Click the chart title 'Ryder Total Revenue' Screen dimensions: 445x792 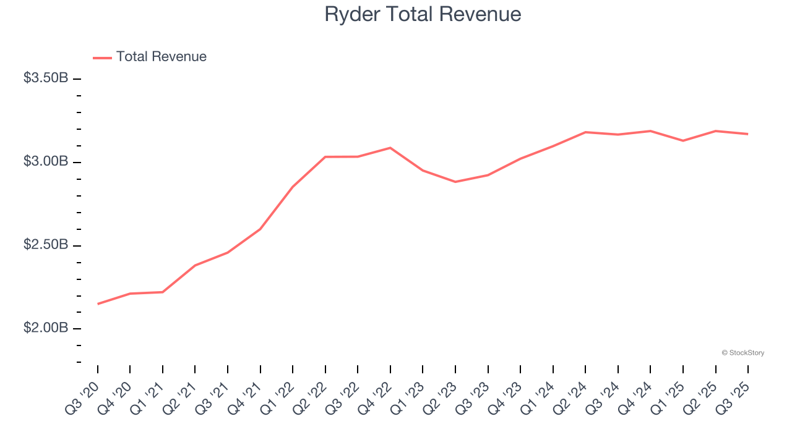pyautogui.click(x=423, y=14)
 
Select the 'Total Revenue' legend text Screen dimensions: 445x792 pyautogui.click(x=161, y=57)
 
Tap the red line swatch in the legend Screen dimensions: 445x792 pyautogui.click(x=102, y=57)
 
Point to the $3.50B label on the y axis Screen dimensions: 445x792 pyautogui.click(x=46, y=78)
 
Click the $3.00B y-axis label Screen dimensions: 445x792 pyautogui.click(x=46, y=162)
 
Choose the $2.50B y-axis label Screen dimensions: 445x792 pyautogui.click(x=46, y=245)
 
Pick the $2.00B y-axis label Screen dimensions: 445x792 pyautogui.click(x=46, y=328)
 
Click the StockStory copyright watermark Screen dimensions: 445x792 pyautogui.click(x=742, y=353)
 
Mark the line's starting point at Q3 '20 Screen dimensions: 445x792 pyautogui.click(x=98, y=303)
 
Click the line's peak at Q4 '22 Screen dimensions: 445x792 pyautogui.click(x=390, y=148)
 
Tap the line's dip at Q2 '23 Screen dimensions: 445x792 pyautogui.click(x=455, y=182)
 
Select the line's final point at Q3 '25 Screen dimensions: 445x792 pyautogui.click(x=748, y=134)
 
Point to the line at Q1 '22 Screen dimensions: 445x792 pyautogui.click(x=293, y=187)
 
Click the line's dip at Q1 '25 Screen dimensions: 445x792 pyautogui.click(x=683, y=141)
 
